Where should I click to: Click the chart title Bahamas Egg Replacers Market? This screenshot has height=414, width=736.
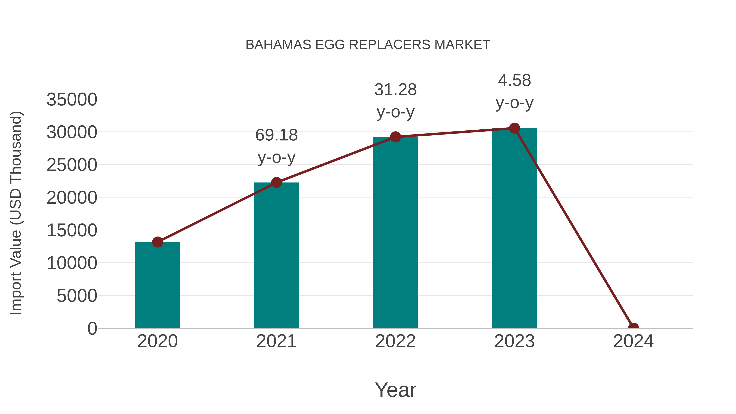click(x=368, y=45)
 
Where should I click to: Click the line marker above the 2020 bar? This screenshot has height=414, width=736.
click(x=157, y=242)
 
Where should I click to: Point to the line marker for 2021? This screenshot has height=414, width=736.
click(x=276, y=182)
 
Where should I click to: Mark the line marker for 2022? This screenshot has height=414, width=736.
click(x=395, y=137)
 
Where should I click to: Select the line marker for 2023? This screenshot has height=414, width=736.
click(x=514, y=128)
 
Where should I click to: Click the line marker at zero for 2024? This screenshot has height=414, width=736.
click(x=633, y=328)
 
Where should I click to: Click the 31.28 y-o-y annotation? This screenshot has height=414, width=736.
click(x=395, y=101)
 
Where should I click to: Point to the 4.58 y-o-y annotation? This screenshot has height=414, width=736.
click(x=514, y=91)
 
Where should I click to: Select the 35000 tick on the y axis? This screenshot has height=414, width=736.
click(x=72, y=100)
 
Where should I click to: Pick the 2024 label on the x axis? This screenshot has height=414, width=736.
click(x=633, y=341)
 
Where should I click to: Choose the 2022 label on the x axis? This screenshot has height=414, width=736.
click(x=395, y=341)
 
